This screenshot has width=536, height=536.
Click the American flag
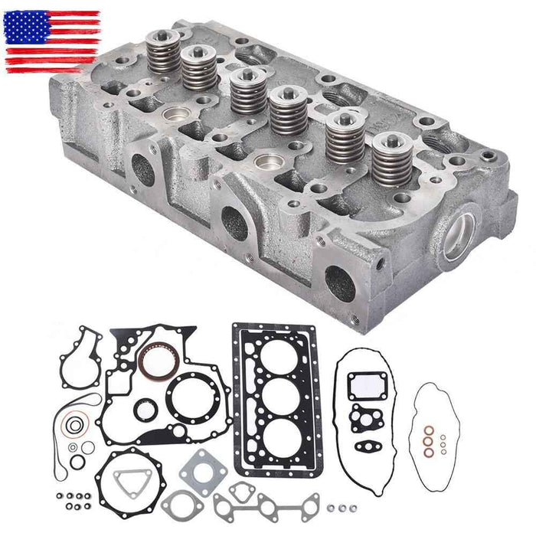tap(53, 41)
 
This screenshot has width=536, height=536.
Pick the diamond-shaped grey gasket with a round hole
tap(198, 466)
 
